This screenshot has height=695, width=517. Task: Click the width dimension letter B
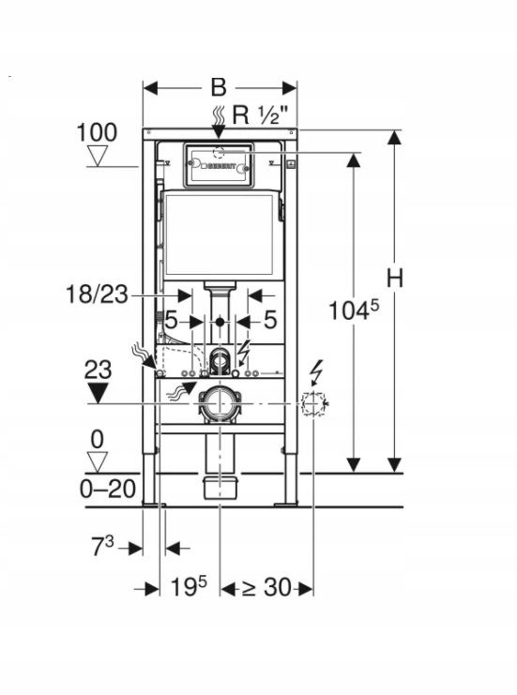(x=219, y=87)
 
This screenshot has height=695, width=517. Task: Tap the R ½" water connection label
(x=255, y=115)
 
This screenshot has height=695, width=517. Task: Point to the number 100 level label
(x=97, y=132)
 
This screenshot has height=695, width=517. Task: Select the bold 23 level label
(x=98, y=369)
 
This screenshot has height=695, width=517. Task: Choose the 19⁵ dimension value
(x=189, y=588)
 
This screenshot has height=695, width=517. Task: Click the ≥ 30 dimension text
(x=266, y=588)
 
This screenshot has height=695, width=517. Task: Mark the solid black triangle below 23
(x=98, y=391)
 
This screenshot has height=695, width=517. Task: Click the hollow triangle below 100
(x=98, y=156)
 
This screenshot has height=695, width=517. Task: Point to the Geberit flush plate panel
(x=219, y=165)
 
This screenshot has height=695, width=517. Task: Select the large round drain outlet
(x=220, y=401)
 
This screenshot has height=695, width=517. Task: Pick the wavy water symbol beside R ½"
(x=219, y=115)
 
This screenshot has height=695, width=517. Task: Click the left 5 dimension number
(x=172, y=320)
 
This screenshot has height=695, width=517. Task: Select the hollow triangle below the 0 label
(x=98, y=460)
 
